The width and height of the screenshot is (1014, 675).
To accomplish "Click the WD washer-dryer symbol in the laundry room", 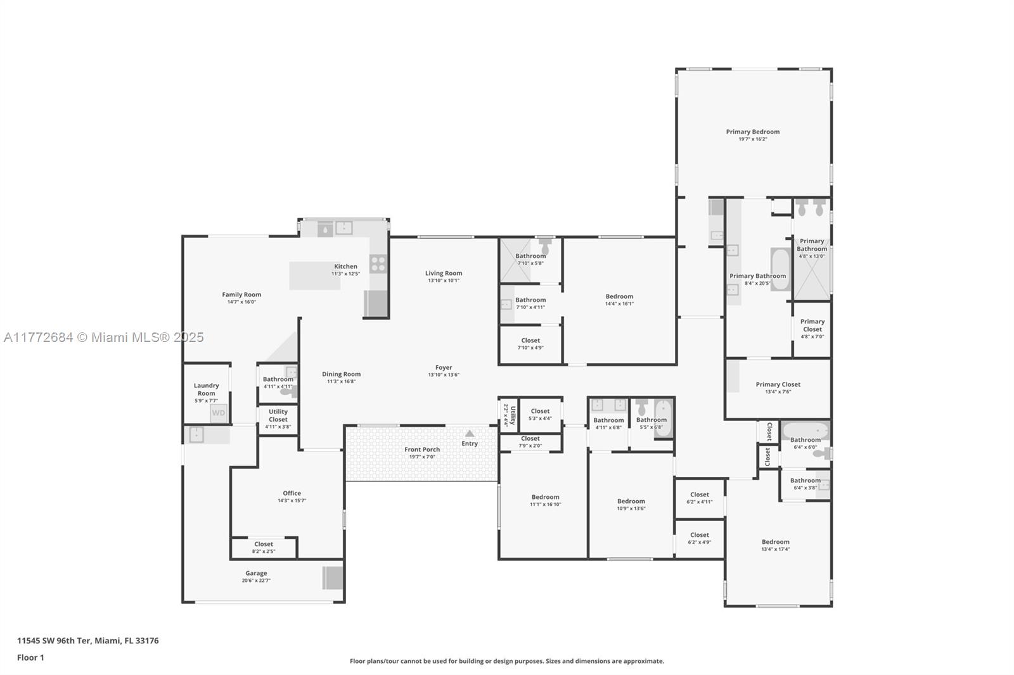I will (x=218, y=413).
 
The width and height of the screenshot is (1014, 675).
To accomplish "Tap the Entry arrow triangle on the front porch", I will (x=470, y=434).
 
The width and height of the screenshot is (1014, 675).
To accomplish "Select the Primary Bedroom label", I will (x=752, y=132).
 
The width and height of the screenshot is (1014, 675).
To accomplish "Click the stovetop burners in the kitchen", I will (x=378, y=263).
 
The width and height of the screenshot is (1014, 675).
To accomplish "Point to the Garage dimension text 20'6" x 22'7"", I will (x=256, y=581).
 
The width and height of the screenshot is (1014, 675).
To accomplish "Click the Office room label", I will (x=292, y=493).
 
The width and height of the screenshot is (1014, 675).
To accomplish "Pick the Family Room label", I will (x=241, y=294).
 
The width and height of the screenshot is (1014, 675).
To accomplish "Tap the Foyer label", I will (x=444, y=367).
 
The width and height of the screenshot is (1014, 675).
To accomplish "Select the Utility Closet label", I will (x=278, y=415).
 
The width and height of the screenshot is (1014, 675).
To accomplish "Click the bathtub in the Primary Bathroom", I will (x=780, y=268).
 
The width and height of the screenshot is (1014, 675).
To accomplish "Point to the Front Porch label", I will (x=422, y=450).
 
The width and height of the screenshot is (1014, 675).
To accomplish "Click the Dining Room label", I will (x=341, y=374).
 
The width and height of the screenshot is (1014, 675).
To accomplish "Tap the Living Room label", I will (x=444, y=274).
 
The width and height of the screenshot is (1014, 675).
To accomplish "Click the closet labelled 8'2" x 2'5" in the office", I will (x=264, y=547).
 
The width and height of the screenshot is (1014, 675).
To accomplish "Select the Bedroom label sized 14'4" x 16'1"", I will (x=619, y=296).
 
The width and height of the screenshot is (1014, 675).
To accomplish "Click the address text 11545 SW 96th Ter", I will (x=87, y=641).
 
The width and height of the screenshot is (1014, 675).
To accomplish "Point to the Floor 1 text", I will (x=30, y=658).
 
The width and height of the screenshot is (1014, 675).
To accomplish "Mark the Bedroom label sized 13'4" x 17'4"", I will (x=775, y=542).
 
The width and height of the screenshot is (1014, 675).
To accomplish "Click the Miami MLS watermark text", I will (x=103, y=337).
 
